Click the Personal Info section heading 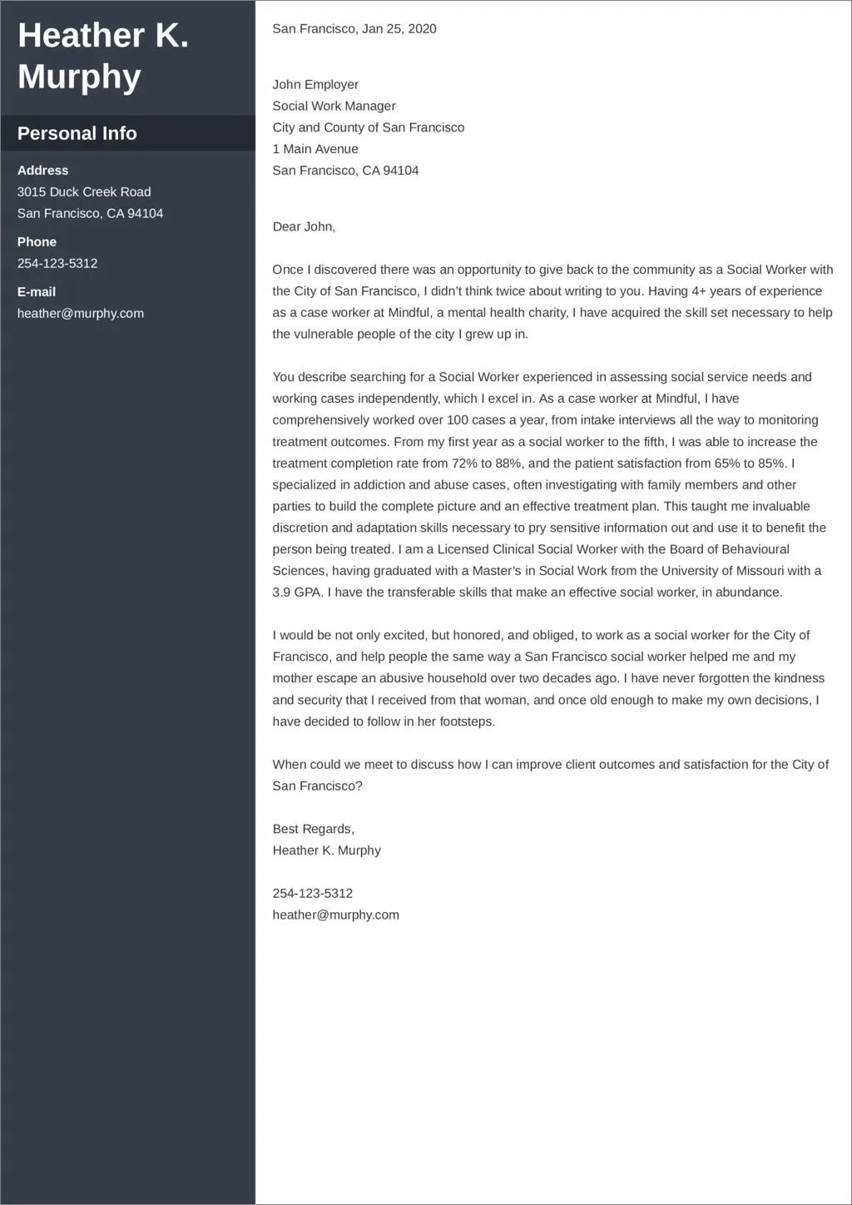click(x=77, y=133)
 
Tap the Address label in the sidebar click(x=42, y=170)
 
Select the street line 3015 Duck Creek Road click(x=84, y=191)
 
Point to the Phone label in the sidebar click(x=37, y=241)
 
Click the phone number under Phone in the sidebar click(x=57, y=263)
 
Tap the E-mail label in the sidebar click(x=37, y=291)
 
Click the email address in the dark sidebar click(x=80, y=313)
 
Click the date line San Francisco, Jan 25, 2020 click(x=354, y=28)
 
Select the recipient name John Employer click(x=315, y=84)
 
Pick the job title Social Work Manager click(x=334, y=106)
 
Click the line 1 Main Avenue click(x=315, y=149)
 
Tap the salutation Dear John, click(x=304, y=226)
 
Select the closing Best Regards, click(x=313, y=829)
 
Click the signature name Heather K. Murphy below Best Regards click(x=326, y=850)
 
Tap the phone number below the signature click(x=312, y=893)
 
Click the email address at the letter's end click(x=335, y=915)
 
